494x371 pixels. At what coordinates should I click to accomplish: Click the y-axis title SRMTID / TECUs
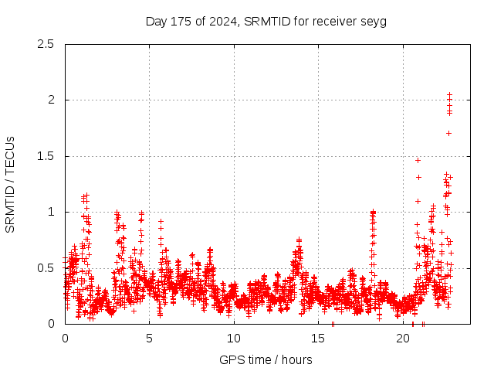(x=11, y=184)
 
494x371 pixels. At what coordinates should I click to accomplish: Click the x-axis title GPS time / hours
(x=266, y=359)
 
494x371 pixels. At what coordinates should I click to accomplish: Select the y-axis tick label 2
(x=52, y=100)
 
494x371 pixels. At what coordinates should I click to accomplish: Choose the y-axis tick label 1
(x=52, y=212)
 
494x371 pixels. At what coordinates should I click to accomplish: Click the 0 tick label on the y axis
(x=52, y=324)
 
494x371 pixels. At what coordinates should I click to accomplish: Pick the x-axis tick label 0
(x=65, y=339)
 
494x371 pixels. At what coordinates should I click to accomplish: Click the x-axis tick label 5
(x=150, y=339)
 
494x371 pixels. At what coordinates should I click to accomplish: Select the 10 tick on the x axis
(x=234, y=339)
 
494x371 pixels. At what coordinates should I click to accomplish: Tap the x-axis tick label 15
(x=319, y=339)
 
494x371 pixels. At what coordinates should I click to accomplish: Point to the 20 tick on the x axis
(x=403, y=339)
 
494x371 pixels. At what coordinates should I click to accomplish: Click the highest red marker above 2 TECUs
(x=449, y=95)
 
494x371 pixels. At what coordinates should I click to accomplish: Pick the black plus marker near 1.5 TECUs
(x=418, y=160)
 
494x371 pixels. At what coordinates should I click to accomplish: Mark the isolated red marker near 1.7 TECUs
(x=448, y=133)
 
